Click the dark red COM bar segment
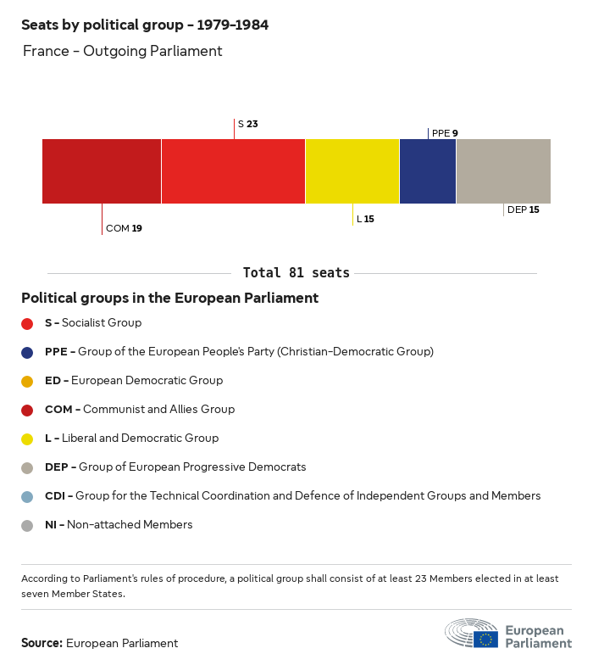pos(102,171)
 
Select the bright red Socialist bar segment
pos(233,171)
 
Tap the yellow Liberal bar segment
pos(352,171)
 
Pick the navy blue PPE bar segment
pos(428,171)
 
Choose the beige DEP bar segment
pos(503,171)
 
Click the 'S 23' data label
pos(247,124)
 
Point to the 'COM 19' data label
pos(124,228)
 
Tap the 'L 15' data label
pos(365,219)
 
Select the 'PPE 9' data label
pos(445,133)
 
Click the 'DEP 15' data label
pos(523,210)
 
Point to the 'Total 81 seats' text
pos(296,273)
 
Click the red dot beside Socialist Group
pos(27,323)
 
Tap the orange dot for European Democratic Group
pos(27,381)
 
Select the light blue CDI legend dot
pos(27,496)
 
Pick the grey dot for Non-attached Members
pos(27,525)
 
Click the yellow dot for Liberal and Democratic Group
pos(27,439)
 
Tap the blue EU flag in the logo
pos(485,639)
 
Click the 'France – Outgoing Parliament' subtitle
pos(122,51)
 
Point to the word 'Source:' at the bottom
pos(42,643)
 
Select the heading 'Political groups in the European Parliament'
pos(169,298)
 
